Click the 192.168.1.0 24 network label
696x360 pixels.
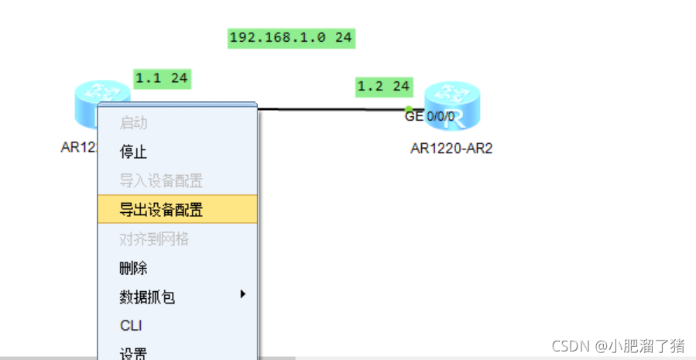pyautogui.click(x=291, y=37)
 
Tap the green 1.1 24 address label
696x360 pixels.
pyautogui.click(x=161, y=77)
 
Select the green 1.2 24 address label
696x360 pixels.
pyautogui.click(x=383, y=86)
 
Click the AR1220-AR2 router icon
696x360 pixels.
pyautogui.click(x=452, y=105)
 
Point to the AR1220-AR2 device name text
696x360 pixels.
pyautogui.click(x=451, y=149)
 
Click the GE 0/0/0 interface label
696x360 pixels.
pyautogui.click(x=430, y=117)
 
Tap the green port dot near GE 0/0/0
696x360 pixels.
pyautogui.click(x=409, y=109)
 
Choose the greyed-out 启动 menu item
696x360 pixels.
pyautogui.click(x=133, y=122)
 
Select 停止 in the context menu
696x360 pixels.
pyautogui.click(x=133, y=152)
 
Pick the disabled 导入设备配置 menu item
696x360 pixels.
pyautogui.click(x=161, y=181)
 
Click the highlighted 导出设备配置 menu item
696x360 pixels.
pyautogui.click(x=161, y=209)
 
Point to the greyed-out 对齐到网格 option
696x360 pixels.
pyautogui.click(x=154, y=239)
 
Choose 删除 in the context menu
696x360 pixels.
pyautogui.click(x=133, y=269)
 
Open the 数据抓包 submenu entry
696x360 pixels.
pyautogui.click(x=147, y=297)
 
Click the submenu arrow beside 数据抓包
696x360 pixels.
pyautogui.click(x=242, y=294)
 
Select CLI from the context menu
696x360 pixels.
pyautogui.click(x=131, y=326)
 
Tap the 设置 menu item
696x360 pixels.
pyautogui.click(x=133, y=353)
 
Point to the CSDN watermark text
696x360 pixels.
pyautogui.click(x=618, y=345)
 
